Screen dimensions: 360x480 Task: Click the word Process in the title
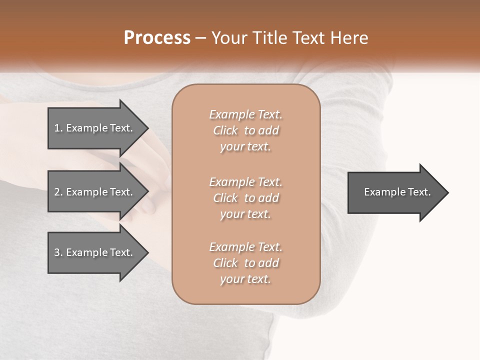point(157,38)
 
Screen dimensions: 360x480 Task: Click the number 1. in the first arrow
point(58,128)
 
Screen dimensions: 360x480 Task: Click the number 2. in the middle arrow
point(58,192)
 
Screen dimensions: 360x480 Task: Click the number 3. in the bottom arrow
point(58,252)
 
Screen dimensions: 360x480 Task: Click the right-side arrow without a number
point(395,192)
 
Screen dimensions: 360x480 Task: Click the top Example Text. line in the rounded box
point(245,114)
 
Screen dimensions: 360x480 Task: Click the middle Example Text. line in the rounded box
point(245,182)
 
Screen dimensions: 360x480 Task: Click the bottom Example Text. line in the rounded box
point(245,247)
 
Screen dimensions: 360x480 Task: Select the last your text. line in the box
point(245,279)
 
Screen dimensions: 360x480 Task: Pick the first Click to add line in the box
point(245,130)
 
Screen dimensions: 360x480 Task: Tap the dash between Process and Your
point(201,38)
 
